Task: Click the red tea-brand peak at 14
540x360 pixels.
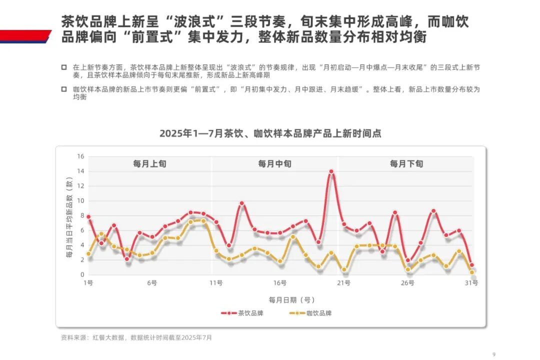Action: pos(331,171)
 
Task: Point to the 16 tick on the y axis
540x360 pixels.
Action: pos(80,156)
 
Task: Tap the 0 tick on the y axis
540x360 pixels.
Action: pos(82,274)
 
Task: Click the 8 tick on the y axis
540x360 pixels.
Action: pos(82,215)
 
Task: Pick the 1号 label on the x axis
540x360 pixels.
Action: pos(88,283)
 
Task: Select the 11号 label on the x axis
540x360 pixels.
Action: pos(216,283)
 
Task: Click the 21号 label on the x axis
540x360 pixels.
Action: pos(343,283)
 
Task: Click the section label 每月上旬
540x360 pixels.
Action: pos(149,163)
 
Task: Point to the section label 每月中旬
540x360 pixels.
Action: pos(274,163)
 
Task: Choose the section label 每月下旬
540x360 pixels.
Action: pos(406,163)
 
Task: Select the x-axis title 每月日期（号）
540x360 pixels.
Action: pos(291,300)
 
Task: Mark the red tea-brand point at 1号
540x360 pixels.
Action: pos(88,217)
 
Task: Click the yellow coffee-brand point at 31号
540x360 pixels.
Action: pos(471,272)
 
